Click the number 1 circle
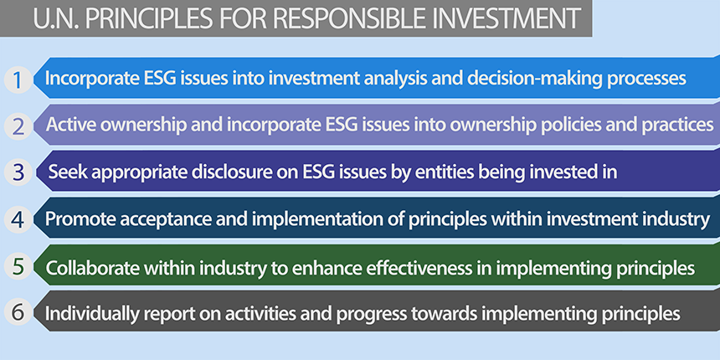coord(18,80)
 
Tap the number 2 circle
coord(18,126)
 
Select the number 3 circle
coord(18,172)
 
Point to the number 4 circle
coord(18,219)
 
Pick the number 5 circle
coord(18,266)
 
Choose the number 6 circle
coord(18,313)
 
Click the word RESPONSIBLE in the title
coord(361,18)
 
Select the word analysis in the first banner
coord(399,79)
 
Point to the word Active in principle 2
coord(70,125)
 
